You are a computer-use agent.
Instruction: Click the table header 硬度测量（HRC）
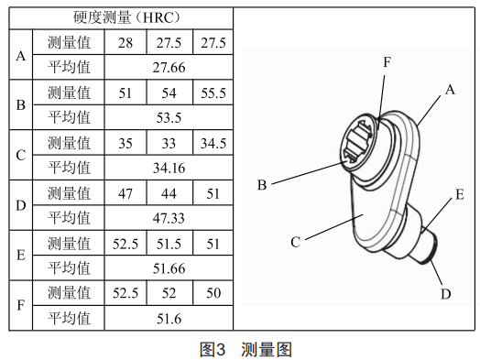126,17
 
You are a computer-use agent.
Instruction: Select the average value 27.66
169,68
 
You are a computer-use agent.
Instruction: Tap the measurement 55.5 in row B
213,93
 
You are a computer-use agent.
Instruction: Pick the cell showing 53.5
169,118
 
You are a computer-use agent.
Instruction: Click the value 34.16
169,168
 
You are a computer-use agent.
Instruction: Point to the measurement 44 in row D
169,193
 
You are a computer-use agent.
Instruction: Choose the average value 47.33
169,218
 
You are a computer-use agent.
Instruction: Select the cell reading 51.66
169,268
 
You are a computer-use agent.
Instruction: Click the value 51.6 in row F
169,319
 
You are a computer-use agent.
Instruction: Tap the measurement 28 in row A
125,43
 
